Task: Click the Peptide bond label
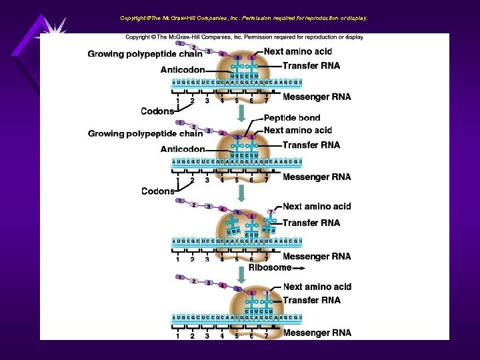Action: point(292,118)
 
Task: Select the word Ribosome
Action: point(270,267)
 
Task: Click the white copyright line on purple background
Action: point(243,18)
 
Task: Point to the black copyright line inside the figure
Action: point(245,37)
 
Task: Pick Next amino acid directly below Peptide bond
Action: point(297,130)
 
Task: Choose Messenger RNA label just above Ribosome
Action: point(317,257)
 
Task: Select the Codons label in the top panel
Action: point(158,111)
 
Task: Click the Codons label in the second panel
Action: point(158,191)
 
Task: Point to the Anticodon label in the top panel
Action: point(183,69)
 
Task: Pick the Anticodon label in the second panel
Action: point(183,149)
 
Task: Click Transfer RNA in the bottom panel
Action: point(311,301)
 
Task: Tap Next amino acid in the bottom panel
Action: point(317,287)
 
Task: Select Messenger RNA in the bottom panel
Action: point(317,333)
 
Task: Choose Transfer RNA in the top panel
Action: point(311,65)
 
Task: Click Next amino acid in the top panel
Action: point(298,51)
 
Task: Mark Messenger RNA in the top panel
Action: point(317,97)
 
